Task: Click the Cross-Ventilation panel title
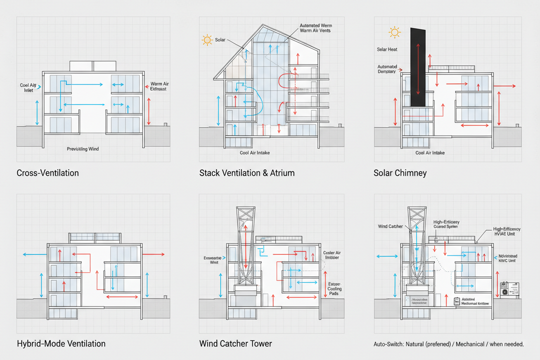48,173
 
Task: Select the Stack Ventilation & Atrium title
247,173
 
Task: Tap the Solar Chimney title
400,173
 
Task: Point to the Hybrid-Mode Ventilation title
61,344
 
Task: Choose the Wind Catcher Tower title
235,344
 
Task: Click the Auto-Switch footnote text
448,344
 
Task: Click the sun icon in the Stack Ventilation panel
207,40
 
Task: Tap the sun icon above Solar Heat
394,32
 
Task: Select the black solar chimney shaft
418,67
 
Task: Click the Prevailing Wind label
83,149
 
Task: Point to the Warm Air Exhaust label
158,86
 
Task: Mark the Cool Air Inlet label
28,88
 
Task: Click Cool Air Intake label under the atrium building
255,153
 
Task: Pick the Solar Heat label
387,49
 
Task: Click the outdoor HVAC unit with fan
509,289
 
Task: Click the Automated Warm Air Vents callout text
316,28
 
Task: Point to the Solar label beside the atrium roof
220,40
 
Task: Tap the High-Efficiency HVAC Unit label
507,231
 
